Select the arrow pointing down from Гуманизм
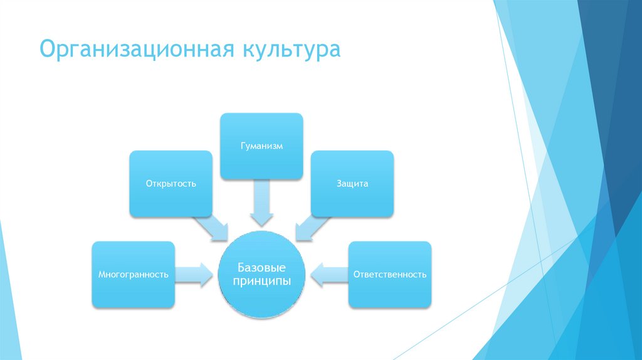point(261,202)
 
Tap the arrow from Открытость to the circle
point(212,228)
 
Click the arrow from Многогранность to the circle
point(193,274)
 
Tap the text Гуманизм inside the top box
point(261,146)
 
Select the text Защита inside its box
point(352,184)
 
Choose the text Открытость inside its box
point(171,184)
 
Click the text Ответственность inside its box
point(390,275)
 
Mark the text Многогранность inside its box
point(133,275)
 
